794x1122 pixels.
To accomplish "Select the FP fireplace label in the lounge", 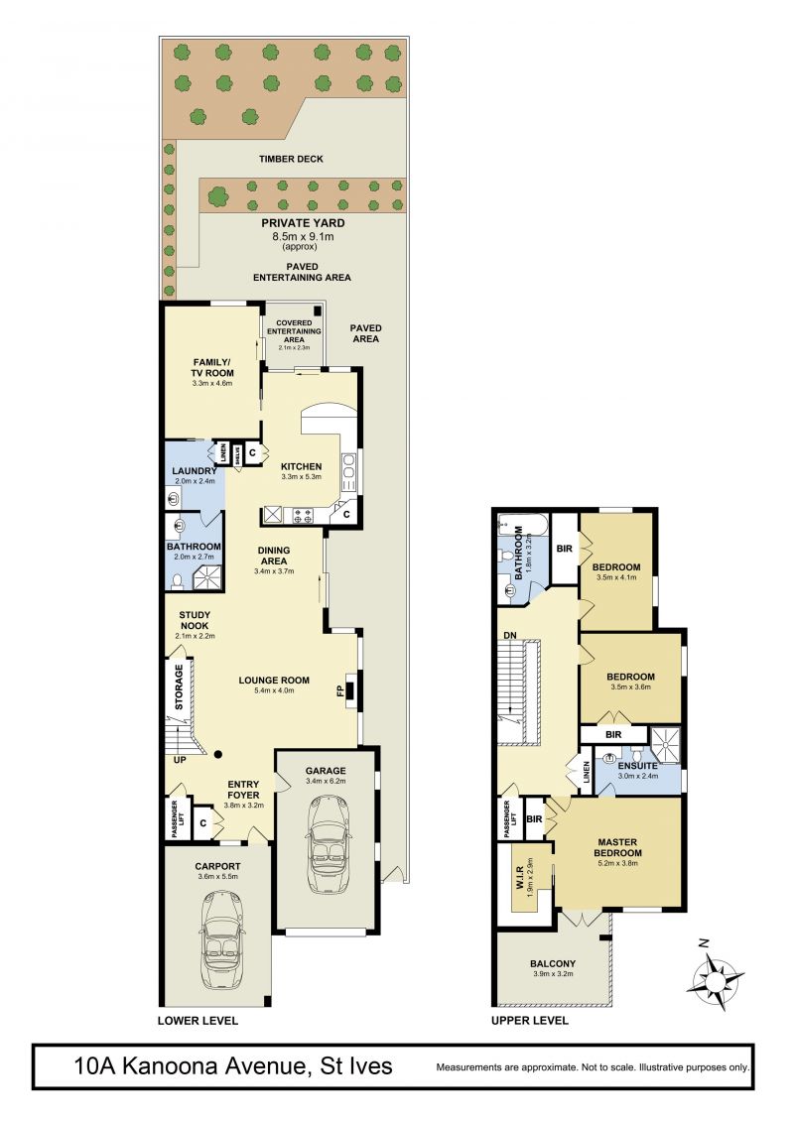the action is tap(340, 691).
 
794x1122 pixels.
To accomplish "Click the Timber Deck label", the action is tap(291, 159).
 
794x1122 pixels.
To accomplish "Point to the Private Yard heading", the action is tap(303, 222).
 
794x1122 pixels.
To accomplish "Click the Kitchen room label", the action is tap(301, 466).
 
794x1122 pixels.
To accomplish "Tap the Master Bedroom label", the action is tap(618, 847).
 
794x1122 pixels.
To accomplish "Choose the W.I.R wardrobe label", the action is tap(520, 874).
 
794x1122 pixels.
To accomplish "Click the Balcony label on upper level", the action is tap(553, 963).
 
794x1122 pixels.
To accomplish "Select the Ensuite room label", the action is tap(637, 766).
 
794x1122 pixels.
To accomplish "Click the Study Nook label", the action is tap(195, 620).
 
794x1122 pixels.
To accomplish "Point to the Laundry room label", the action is tap(194, 471).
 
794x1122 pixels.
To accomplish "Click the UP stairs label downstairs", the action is tap(180, 759).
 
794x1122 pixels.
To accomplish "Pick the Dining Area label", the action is tap(274, 556).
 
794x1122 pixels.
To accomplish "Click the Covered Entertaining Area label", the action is tap(294, 331).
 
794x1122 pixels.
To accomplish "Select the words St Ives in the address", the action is tap(356, 1066).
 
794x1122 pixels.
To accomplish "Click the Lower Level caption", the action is tap(198, 1020).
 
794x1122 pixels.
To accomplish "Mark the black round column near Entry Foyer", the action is tap(217, 754).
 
